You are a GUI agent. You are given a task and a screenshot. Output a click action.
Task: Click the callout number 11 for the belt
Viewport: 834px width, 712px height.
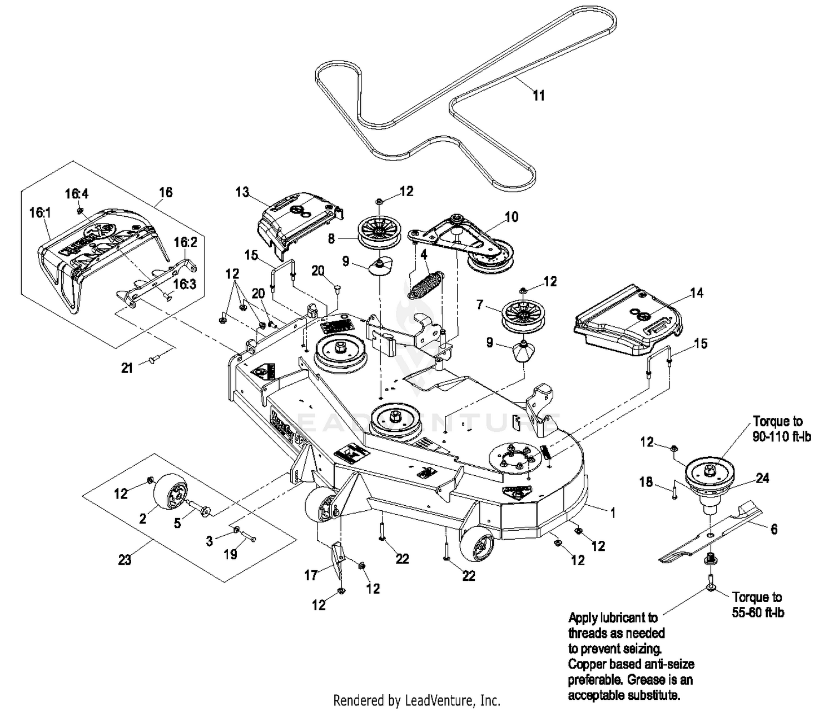coord(538,96)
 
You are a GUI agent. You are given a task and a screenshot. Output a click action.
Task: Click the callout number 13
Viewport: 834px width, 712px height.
coord(242,192)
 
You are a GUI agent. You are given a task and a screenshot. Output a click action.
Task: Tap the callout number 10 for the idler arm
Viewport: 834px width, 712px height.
coord(511,217)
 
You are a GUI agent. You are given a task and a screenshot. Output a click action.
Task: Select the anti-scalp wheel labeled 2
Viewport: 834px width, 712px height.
coord(170,492)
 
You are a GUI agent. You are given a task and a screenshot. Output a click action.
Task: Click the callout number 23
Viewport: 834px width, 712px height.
coord(125,559)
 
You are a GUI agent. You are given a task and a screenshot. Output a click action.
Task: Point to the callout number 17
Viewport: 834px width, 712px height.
coord(311,575)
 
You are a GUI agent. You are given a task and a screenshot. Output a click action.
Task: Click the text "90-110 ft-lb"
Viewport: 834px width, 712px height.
coord(782,436)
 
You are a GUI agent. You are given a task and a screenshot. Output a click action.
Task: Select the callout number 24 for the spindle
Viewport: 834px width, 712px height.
coord(762,478)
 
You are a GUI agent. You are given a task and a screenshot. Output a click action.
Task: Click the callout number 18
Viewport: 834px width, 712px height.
coord(646,482)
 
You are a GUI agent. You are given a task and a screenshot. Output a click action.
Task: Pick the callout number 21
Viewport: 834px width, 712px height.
coord(127,367)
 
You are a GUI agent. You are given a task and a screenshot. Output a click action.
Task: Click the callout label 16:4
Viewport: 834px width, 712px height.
coord(77,193)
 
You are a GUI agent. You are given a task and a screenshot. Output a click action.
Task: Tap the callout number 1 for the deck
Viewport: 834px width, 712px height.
coord(613,512)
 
